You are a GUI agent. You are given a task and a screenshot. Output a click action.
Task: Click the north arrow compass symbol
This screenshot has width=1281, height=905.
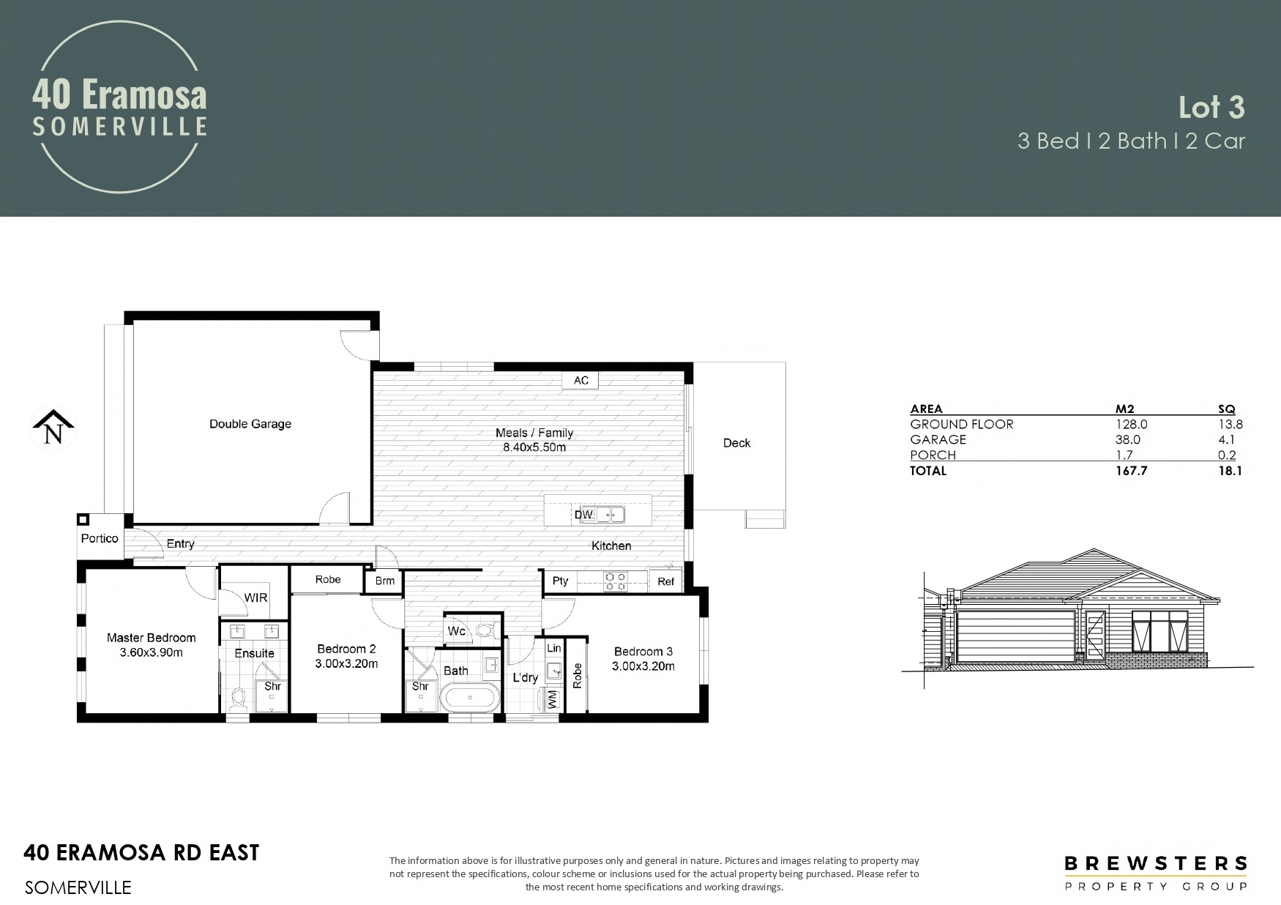pos(53,428)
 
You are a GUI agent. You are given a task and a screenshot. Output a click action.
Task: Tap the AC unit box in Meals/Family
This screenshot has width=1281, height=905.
pos(580,380)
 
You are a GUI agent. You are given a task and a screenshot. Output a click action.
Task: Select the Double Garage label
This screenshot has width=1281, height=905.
pos(250,424)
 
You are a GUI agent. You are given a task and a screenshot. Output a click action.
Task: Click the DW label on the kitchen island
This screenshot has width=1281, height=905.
pos(583,515)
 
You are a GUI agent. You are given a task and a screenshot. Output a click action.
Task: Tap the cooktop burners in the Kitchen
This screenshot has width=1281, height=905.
pos(615,581)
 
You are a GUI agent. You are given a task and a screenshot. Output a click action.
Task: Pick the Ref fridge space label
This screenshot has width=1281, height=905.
pos(665,582)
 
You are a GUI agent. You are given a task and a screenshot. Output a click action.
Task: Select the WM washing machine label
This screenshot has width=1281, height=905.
pos(553,699)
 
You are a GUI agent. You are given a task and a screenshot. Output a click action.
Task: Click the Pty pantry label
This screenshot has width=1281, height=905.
pos(560,581)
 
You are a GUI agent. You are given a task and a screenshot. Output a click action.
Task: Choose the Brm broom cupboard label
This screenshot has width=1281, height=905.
pos(385,581)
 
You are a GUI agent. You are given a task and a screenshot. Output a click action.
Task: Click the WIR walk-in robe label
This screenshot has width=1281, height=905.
pos(256,597)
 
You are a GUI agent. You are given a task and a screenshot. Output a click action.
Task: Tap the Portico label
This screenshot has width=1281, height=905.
pos(100,538)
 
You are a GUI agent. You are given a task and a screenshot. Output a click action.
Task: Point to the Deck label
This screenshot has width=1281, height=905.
pos(737,443)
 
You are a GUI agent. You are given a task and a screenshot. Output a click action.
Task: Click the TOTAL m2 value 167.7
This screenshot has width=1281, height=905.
pos(1132,471)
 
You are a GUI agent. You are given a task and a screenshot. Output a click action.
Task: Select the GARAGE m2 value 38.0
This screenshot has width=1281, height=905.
pos(1128,439)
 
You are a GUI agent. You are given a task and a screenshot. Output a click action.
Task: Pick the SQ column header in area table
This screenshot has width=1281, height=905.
pos(1226,409)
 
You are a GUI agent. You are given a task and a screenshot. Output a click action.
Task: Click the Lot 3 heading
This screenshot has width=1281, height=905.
pos(1211,108)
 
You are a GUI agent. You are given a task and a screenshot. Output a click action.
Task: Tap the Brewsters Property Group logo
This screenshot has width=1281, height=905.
pos(1156,874)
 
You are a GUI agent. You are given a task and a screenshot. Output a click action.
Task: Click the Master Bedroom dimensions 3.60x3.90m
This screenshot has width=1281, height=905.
pos(152,652)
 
